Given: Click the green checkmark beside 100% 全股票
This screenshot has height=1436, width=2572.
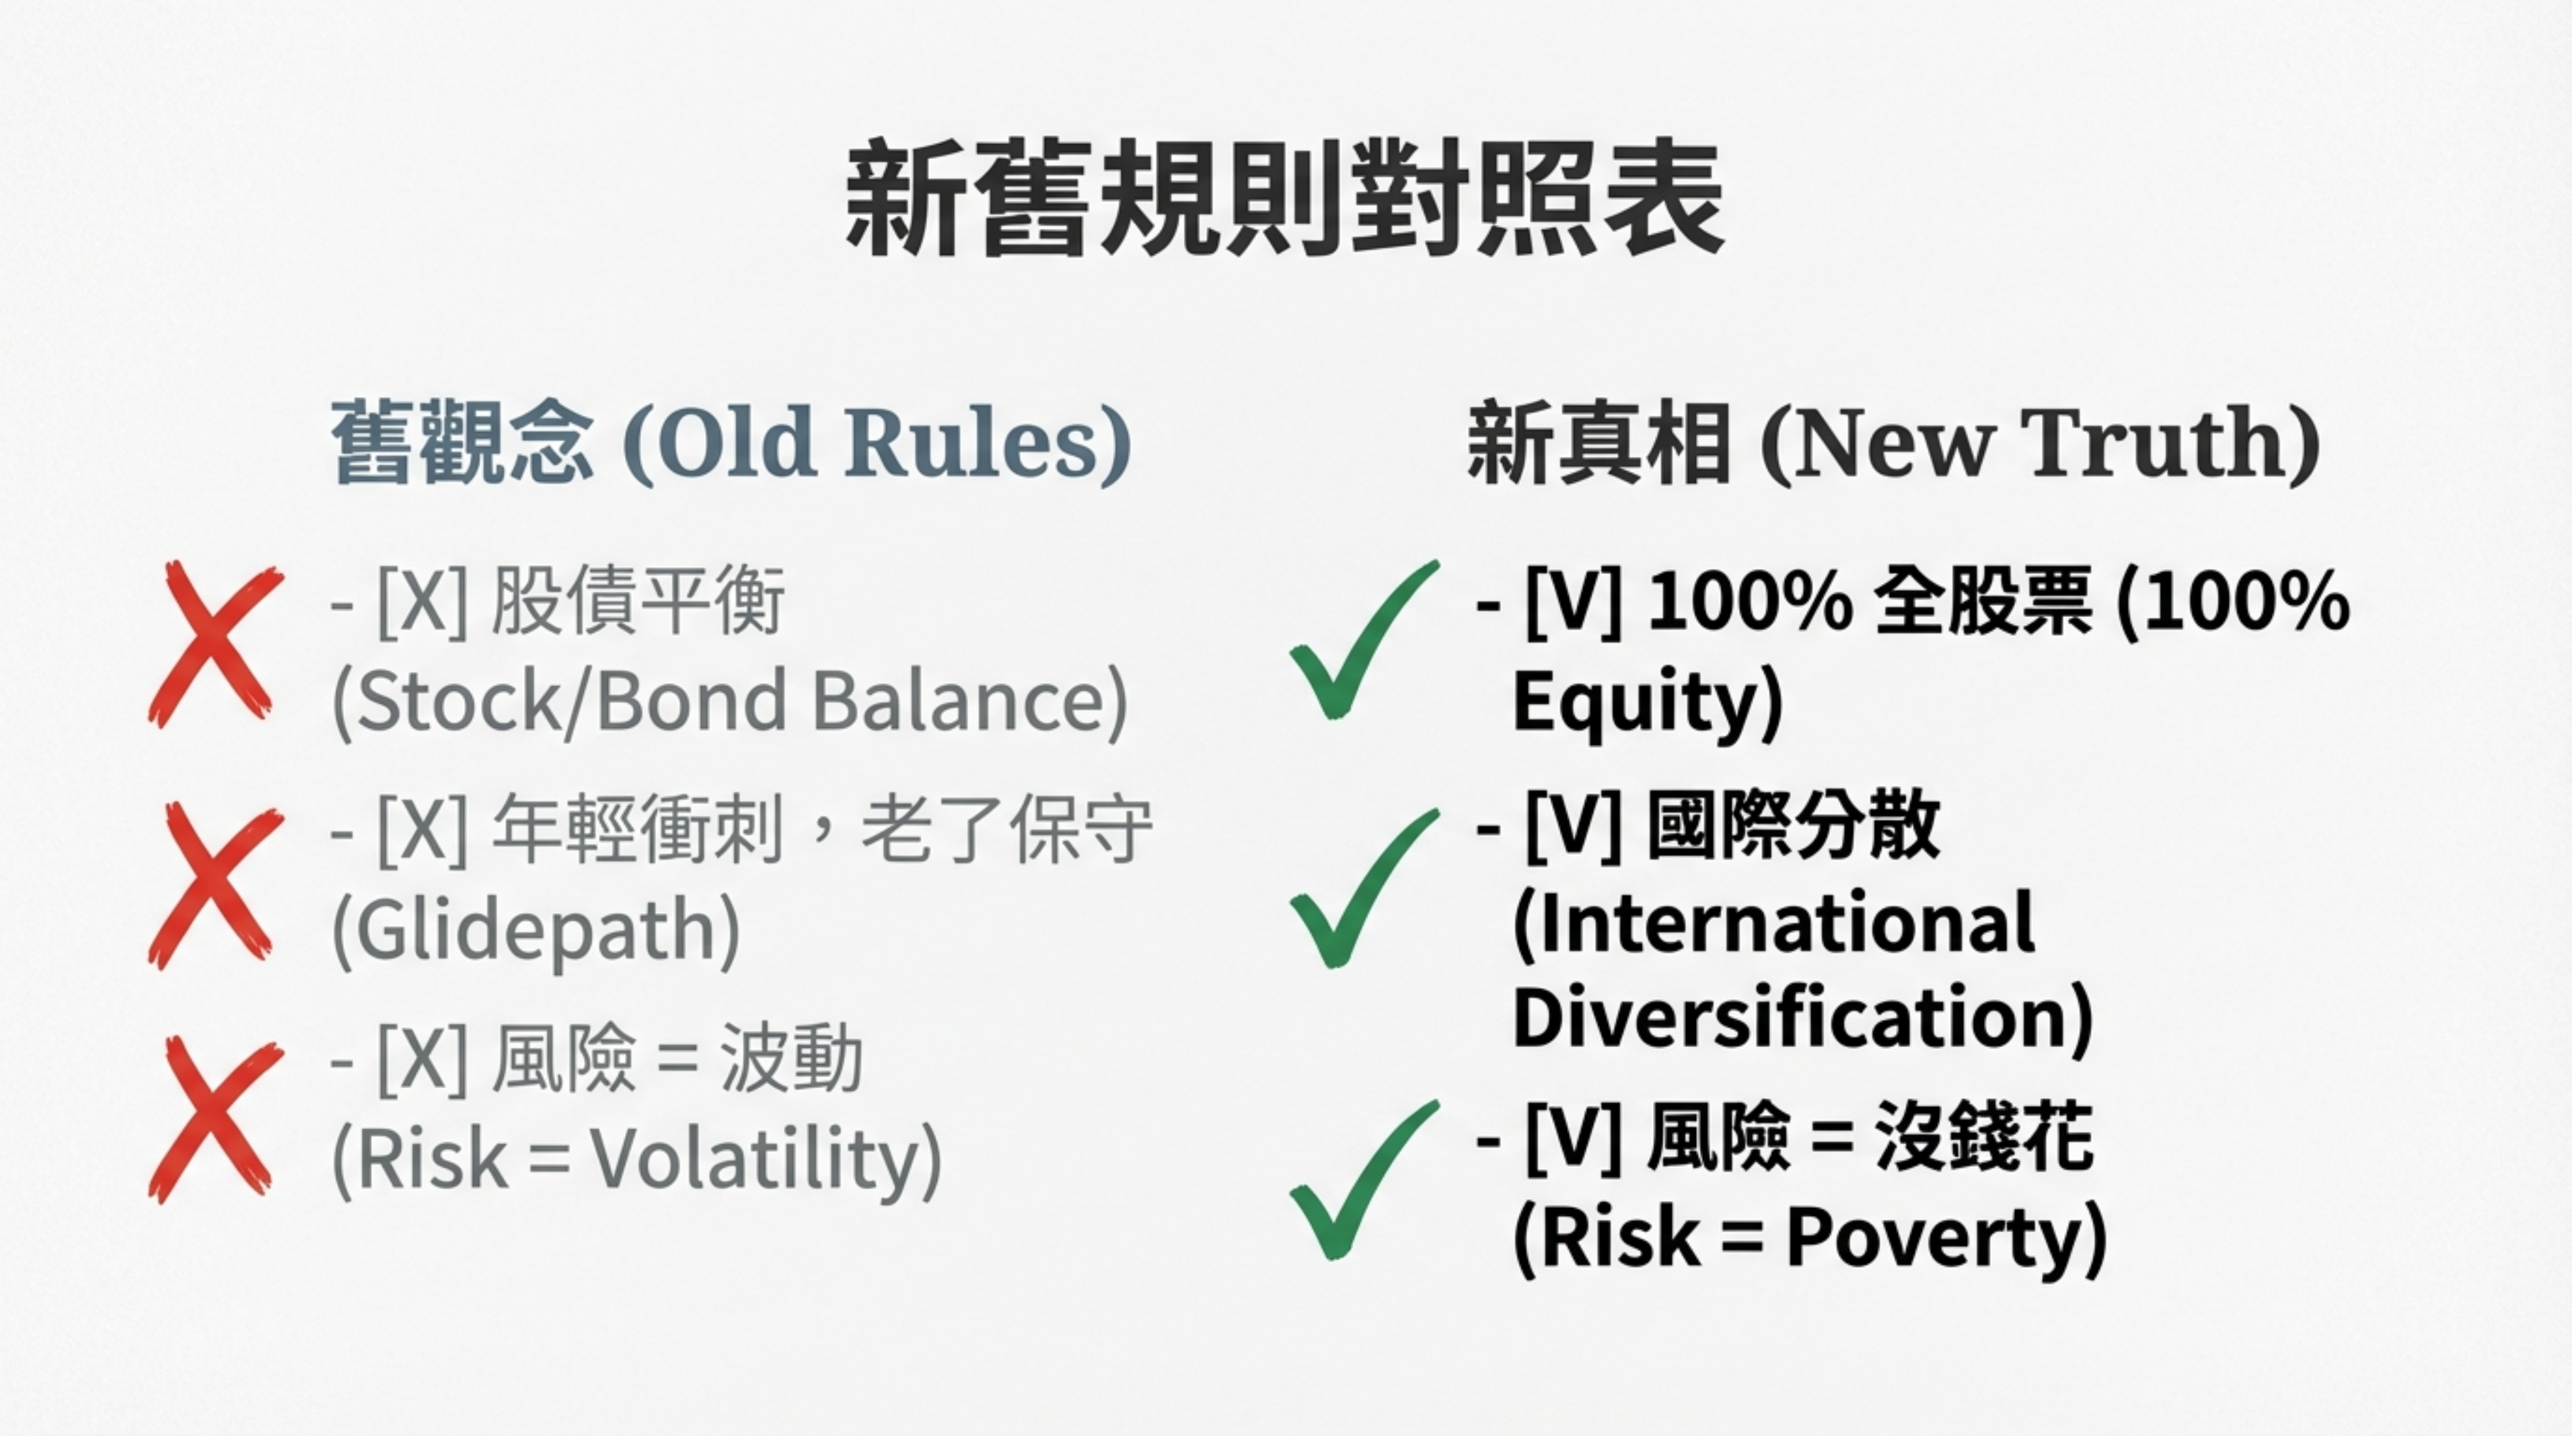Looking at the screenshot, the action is click(1363, 639).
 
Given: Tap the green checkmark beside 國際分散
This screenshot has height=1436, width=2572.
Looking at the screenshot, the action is click(1363, 888).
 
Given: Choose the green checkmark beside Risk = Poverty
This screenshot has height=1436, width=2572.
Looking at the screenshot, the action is click(1363, 1180).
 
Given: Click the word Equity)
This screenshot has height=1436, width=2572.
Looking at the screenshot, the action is click(1648, 702).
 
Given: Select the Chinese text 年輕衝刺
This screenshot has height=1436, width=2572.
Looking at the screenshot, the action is click(637, 830).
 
